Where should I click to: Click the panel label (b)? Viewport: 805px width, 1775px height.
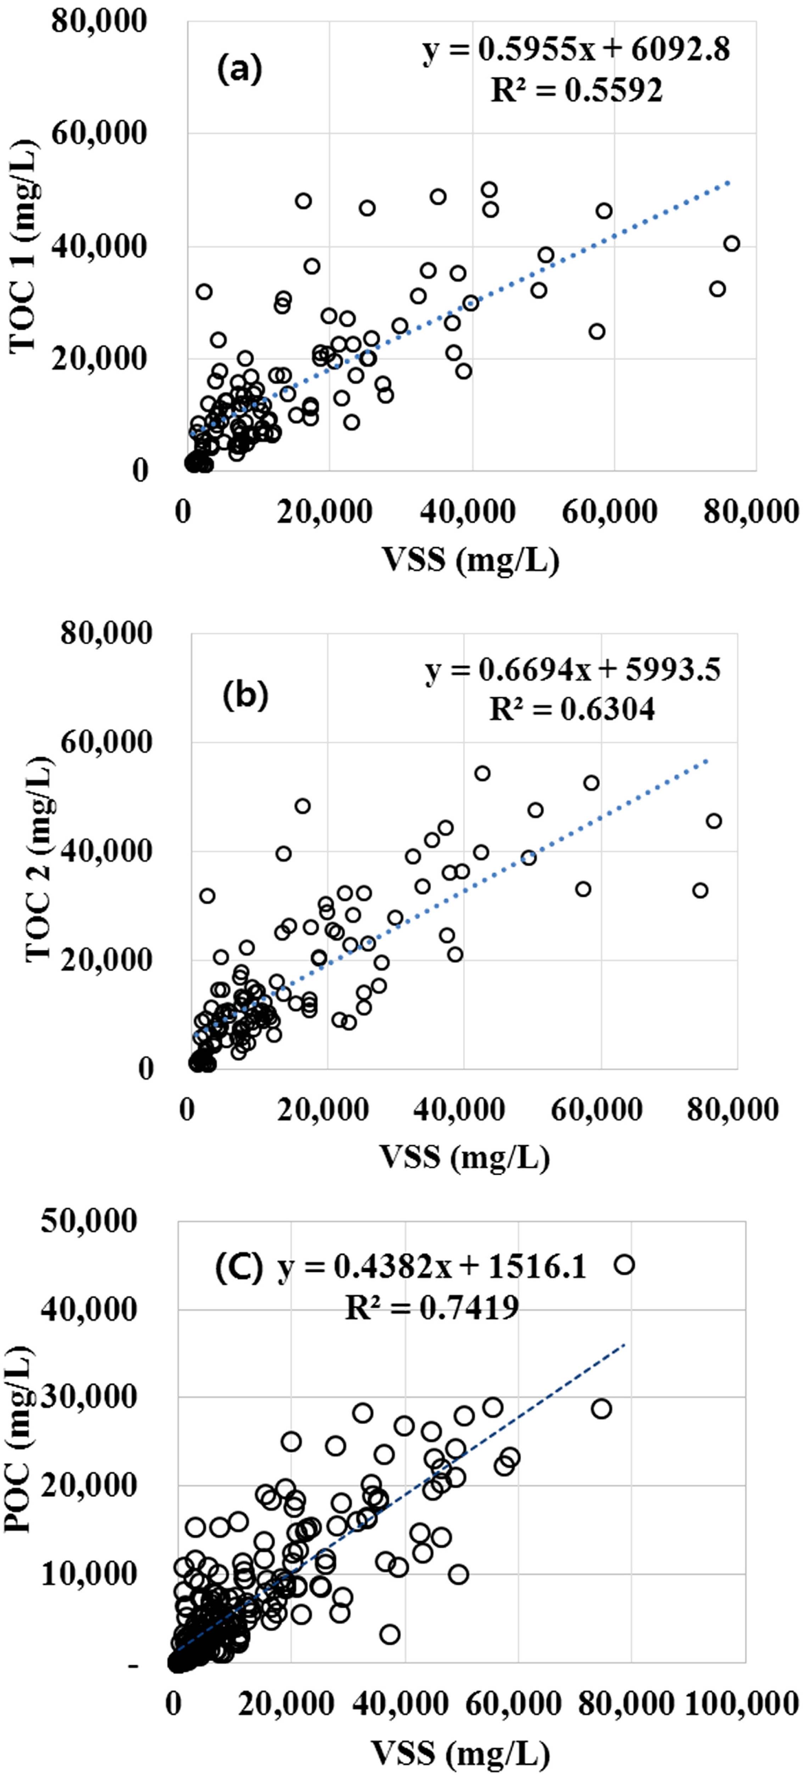pos(245,696)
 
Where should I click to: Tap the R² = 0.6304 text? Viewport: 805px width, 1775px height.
pos(572,708)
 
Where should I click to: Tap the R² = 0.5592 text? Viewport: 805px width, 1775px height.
pos(576,90)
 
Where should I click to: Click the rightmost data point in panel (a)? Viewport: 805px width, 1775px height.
pos(731,243)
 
